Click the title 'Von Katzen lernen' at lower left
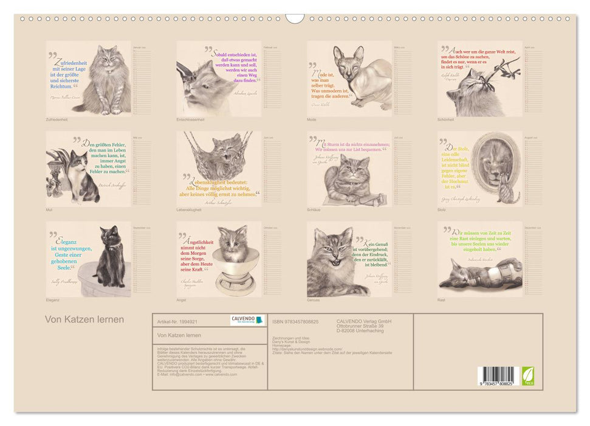[84, 319]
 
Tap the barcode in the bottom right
[496, 374]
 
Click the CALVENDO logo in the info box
[247, 320]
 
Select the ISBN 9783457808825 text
[295, 321]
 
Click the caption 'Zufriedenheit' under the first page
[57, 120]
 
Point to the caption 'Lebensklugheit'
[190, 210]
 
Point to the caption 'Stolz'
[442, 210]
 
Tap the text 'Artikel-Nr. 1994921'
[176, 321]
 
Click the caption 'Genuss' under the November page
[314, 300]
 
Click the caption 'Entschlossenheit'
[190, 120]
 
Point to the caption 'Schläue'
[314, 210]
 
